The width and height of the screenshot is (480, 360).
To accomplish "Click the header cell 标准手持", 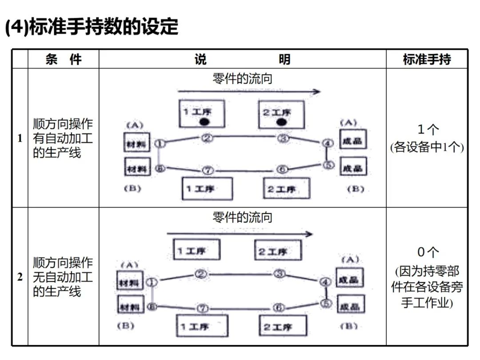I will pos(427,59).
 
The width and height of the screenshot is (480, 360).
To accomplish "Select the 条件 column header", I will pos(63,59).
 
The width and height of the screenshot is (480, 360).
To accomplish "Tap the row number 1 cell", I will pos(20,138).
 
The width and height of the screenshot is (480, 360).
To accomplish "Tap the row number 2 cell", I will pos(20,277).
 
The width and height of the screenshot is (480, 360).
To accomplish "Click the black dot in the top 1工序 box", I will pos(204,121).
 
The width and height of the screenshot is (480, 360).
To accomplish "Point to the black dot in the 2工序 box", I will pos(281,122).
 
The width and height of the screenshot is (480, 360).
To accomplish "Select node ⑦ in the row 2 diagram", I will pos(202,308).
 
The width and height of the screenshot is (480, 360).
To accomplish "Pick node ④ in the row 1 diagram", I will pos(328,143).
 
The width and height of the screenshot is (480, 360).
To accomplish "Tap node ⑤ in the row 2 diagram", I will pos(327,303).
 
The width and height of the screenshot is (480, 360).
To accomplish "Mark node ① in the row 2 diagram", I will pos(152,282).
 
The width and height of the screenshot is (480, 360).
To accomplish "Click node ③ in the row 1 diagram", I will pos(284,138).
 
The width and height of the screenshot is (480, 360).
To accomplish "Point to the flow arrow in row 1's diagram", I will pos(249,92).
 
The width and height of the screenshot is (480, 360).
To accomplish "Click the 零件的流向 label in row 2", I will pos(242,217).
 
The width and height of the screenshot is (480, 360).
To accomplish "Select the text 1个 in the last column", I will pos(427,129).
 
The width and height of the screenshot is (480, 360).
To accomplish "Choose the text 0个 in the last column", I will pos(427,252).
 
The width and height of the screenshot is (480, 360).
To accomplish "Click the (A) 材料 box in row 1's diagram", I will pos(137,143).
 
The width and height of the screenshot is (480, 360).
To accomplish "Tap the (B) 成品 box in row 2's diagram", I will pos(351,306).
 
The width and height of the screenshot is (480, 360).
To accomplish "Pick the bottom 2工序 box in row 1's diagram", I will pos(287,188).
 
